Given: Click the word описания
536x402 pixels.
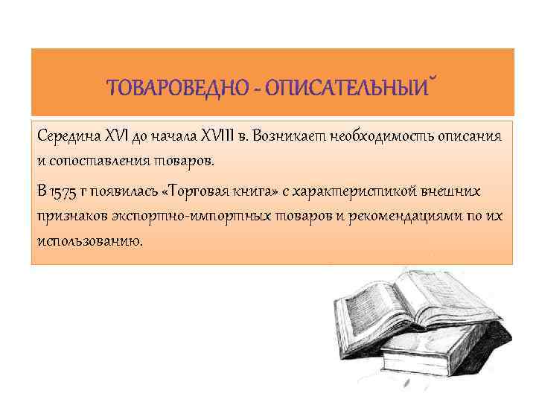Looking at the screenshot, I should [468, 136].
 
